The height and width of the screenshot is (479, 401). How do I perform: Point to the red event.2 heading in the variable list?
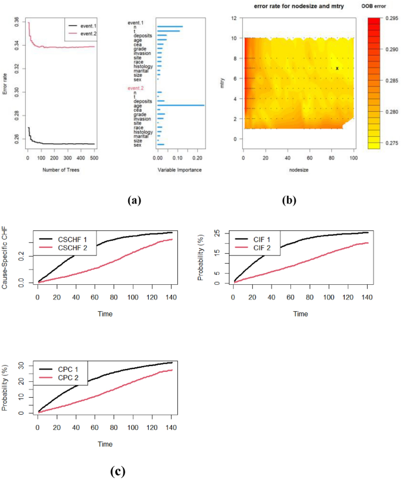[x=136, y=88]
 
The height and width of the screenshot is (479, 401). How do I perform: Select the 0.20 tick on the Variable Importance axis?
[x=197, y=158]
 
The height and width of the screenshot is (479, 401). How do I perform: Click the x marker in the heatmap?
[x=337, y=68]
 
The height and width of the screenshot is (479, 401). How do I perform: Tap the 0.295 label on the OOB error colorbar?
[x=390, y=19]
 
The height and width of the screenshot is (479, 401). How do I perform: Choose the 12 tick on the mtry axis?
[x=234, y=19]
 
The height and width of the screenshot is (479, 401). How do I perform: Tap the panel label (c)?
[x=117, y=470]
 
